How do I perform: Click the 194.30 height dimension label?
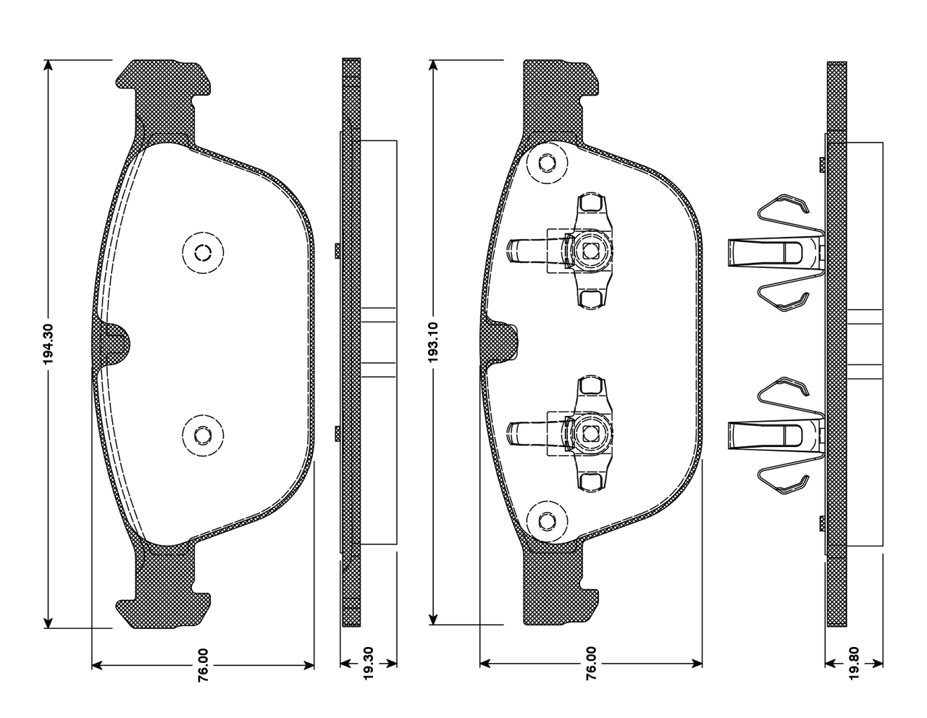pyautogui.click(x=49, y=344)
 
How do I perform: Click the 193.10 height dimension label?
pyautogui.click(x=433, y=343)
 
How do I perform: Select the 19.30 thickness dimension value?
pyautogui.click(x=368, y=663)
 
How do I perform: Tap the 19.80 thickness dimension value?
pyautogui.click(x=853, y=663)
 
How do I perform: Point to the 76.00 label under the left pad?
pyautogui.click(x=204, y=665)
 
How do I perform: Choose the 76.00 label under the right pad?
pyautogui.click(x=591, y=664)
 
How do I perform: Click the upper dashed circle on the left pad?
pyautogui.click(x=203, y=253)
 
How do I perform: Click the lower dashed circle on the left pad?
pyautogui.click(x=203, y=435)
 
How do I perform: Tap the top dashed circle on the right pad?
pyautogui.click(x=547, y=163)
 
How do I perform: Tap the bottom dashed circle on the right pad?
pyautogui.click(x=547, y=522)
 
